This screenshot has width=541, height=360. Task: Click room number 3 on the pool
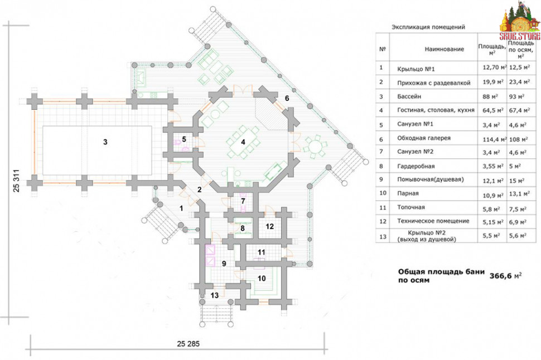click(x=105, y=142)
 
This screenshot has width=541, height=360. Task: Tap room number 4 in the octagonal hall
click(x=243, y=142)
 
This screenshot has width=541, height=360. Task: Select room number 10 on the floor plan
click(x=262, y=278)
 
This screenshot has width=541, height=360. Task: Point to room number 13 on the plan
click(x=215, y=295)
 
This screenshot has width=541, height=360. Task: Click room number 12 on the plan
click(x=269, y=227)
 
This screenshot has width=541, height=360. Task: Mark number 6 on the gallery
click(x=287, y=98)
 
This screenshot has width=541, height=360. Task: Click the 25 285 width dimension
click(x=188, y=344)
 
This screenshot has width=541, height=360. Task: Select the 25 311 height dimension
click(x=16, y=181)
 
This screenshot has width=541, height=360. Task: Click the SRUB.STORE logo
click(x=520, y=21)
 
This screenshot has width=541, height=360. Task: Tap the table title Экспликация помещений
click(x=428, y=27)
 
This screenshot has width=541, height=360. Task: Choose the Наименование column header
click(x=444, y=49)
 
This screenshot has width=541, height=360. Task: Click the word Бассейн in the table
click(x=409, y=96)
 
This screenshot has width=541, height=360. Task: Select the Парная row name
click(x=408, y=193)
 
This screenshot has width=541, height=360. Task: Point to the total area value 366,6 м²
click(x=505, y=276)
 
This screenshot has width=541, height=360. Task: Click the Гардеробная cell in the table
click(x=416, y=166)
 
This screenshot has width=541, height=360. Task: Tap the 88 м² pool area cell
click(x=490, y=96)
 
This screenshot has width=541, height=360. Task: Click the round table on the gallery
click(x=315, y=148)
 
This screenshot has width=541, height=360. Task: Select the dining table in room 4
click(x=243, y=142)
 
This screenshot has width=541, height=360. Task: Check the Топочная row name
click(x=411, y=207)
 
